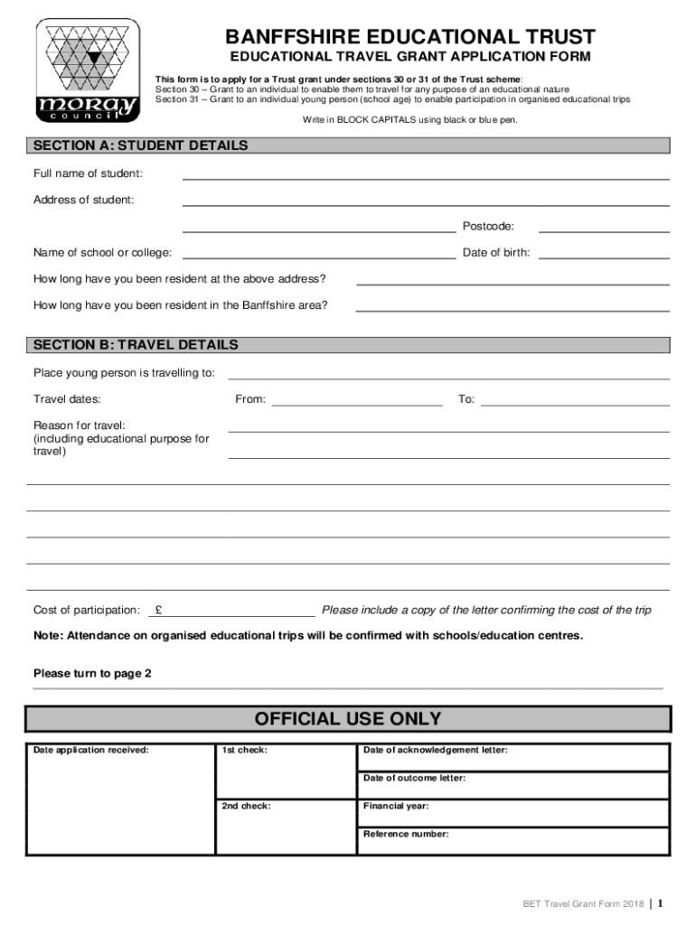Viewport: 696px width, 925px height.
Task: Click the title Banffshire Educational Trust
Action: click(410, 37)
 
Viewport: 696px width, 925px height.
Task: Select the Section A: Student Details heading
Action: click(140, 145)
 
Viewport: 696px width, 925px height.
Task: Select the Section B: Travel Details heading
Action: click(136, 345)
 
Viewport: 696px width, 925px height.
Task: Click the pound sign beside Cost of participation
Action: click(158, 610)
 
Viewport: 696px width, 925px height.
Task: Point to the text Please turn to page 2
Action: click(93, 674)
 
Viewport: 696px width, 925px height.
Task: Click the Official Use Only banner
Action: click(348, 719)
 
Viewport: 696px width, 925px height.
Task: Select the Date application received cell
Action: click(120, 799)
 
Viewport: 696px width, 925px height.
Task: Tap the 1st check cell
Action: click(285, 771)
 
